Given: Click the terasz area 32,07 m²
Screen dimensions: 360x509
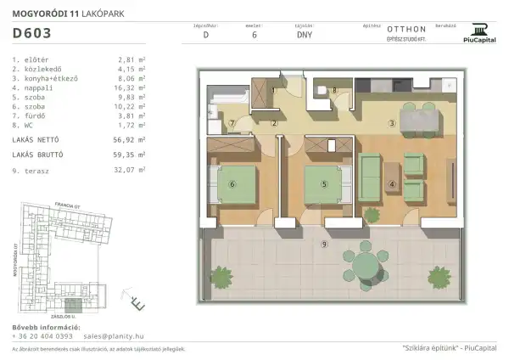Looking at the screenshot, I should coord(131,170).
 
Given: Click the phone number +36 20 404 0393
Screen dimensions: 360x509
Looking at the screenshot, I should coord(42,336).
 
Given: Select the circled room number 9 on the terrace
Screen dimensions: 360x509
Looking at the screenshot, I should coord(324,245).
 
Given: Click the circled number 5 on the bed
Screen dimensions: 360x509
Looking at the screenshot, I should coord(324,183).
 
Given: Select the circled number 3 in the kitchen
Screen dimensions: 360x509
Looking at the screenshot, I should coord(391,124).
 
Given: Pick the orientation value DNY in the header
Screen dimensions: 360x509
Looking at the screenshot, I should coord(304,36).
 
